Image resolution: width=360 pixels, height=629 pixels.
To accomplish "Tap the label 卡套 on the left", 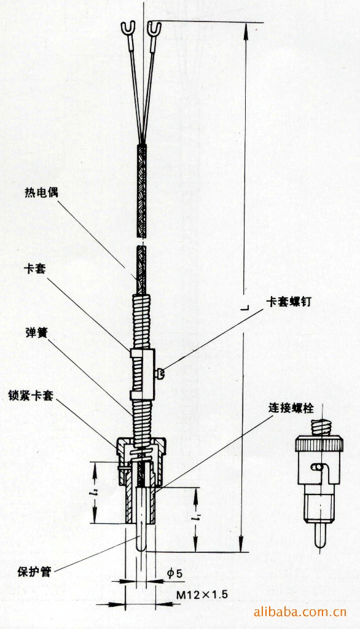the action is click(35, 268).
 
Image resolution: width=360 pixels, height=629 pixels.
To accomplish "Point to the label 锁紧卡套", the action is click(31, 396).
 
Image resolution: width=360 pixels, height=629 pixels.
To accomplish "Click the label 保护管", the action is click(34, 571).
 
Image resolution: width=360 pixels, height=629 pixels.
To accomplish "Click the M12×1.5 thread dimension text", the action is click(203, 594).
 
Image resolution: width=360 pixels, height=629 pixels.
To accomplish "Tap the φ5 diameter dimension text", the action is click(174, 573).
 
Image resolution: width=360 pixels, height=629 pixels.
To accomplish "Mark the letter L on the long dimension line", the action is click(246, 308).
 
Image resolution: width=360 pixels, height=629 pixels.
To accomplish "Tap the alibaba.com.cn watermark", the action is click(300, 612).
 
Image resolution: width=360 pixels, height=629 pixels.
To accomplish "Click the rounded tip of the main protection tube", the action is click(141, 546).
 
